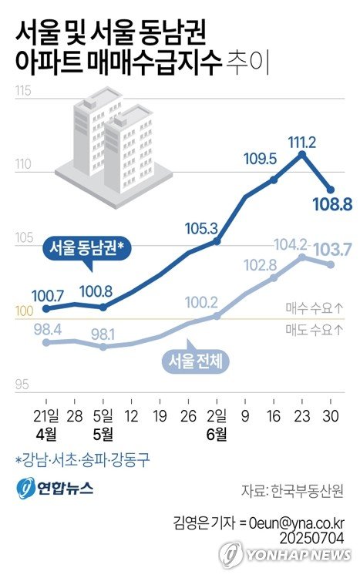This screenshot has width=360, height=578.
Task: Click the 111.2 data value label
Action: [301, 140]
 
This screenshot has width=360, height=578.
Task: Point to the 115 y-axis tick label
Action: [22, 93]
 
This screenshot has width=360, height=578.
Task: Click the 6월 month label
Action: [217, 435]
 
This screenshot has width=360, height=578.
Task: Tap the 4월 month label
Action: [46, 435]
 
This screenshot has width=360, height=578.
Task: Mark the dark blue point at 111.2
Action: [302, 154]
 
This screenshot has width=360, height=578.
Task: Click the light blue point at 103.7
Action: [331, 264]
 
